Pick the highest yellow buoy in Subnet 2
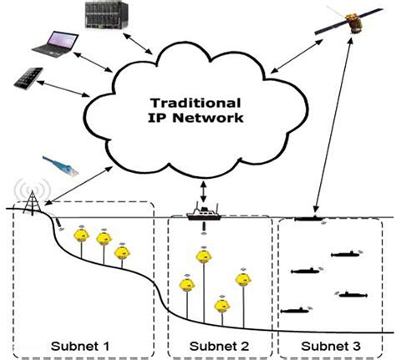pos(201,253)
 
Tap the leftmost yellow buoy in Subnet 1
pos(82,236)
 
